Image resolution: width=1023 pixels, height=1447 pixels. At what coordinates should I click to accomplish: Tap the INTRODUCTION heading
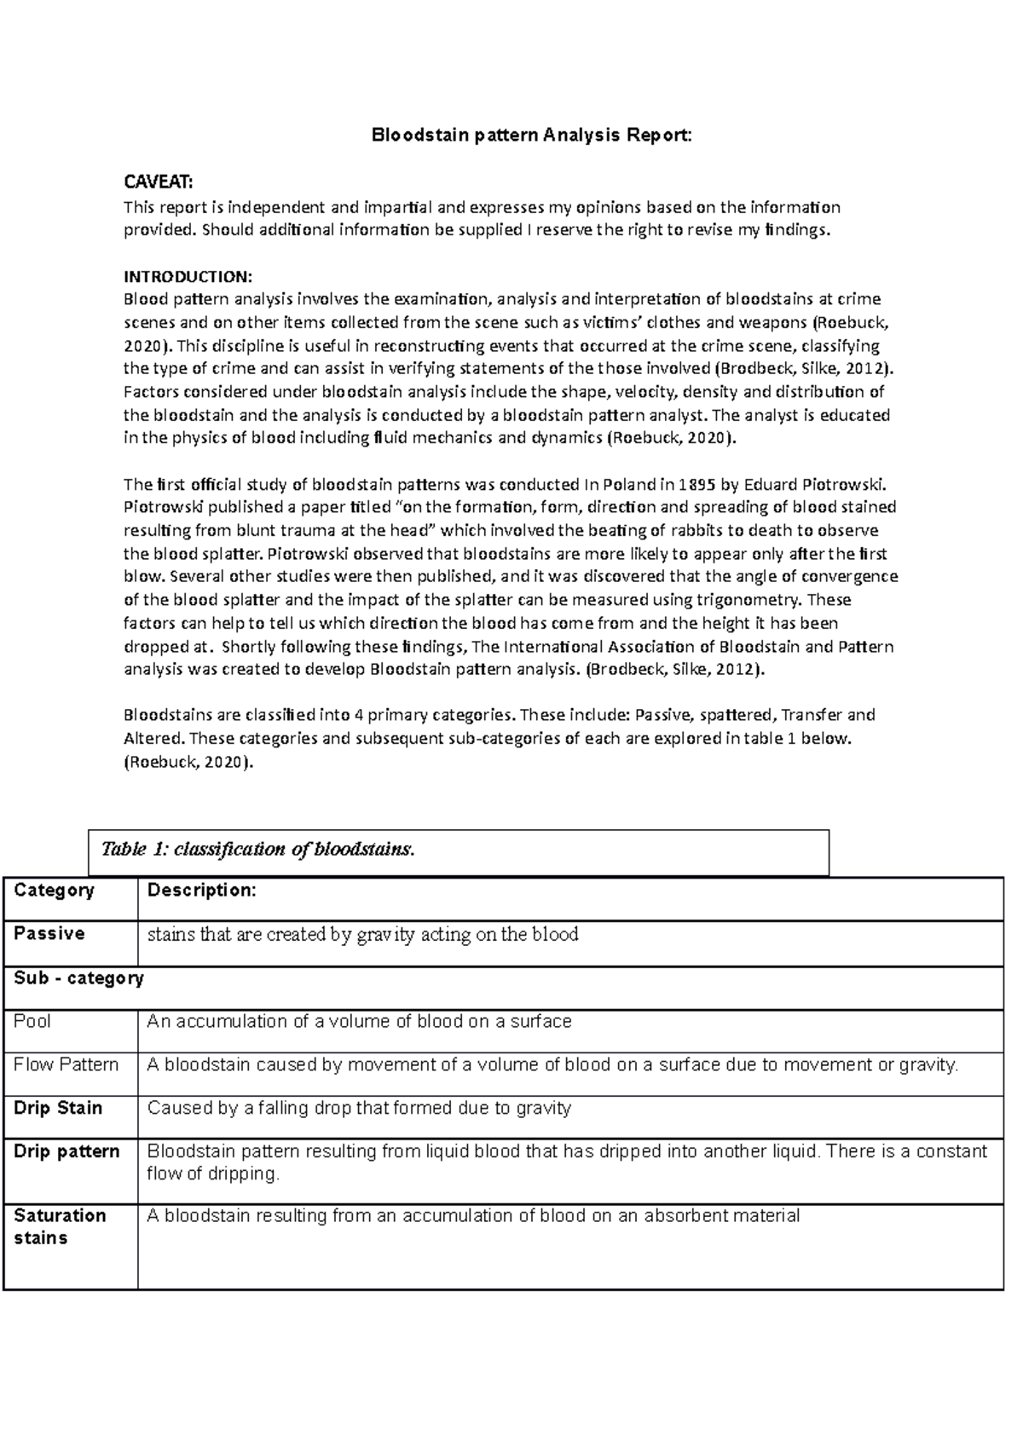pos(188,276)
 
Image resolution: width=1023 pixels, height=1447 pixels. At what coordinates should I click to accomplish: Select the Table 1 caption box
pos(459,850)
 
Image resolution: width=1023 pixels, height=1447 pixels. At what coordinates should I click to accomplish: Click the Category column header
pos(54,891)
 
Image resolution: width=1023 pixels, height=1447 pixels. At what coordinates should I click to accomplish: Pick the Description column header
pos(201,891)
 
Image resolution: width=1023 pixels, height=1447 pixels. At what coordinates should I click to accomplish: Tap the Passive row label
pos(49,934)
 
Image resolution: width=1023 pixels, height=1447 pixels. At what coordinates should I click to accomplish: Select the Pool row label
pos(32,1022)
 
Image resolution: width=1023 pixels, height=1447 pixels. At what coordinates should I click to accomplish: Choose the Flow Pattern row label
pos(66,1064)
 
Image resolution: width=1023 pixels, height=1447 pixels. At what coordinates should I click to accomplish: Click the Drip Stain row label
pos(58,1108)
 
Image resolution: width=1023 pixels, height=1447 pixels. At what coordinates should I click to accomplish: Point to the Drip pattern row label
pos(66,1152)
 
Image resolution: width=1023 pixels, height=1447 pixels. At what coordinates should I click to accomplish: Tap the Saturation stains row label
pos(60,1226)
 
